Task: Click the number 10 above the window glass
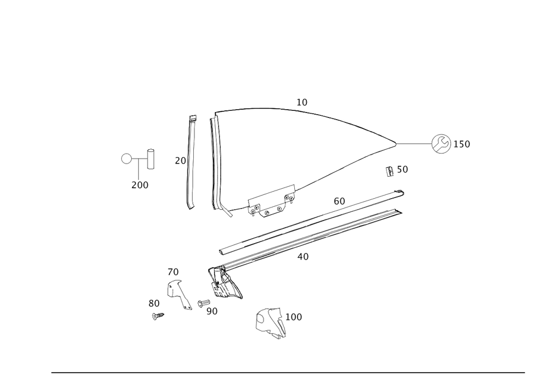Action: point(302,102)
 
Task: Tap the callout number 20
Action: point(180,161)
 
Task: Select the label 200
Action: point(140,185)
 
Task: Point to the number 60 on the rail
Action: point(339,202)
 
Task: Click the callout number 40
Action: point(302,256)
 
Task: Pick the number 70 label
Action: point(173,272)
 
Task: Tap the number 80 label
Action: point(154,303)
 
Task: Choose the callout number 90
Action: point(212,311)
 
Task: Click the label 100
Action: point(294,317)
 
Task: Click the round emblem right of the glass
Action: point(440,144)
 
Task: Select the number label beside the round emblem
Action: point(463,144)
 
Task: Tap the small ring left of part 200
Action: point(126,159)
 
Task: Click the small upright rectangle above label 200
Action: point(150,159)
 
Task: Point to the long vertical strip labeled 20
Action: point(192,162)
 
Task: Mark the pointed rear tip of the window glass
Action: point(397,144)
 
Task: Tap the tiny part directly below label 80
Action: point(158,316)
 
